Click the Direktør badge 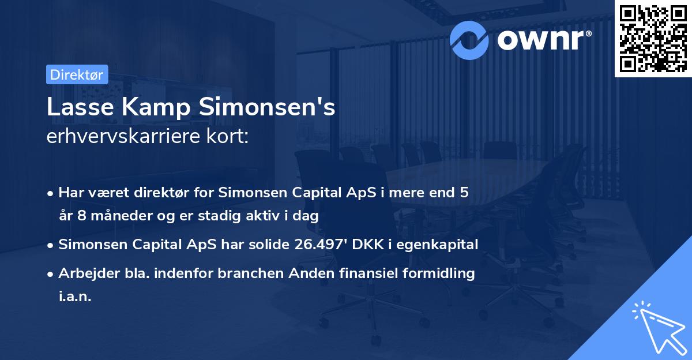pos(77,74)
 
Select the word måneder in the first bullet pos(121,216)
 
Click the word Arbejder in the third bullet pos(83,273)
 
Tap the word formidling pos(439,273)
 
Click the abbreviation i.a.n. pos(75,296)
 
